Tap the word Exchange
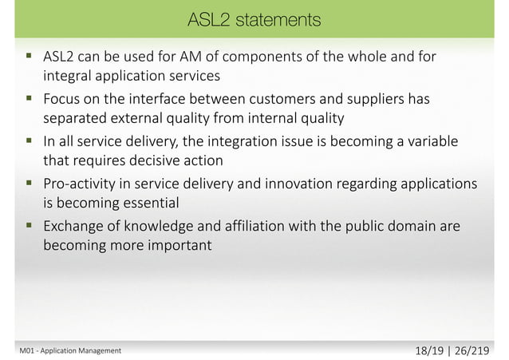coord(73,227)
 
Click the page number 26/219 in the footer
coord(472,348)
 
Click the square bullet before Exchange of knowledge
coord(29,227)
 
